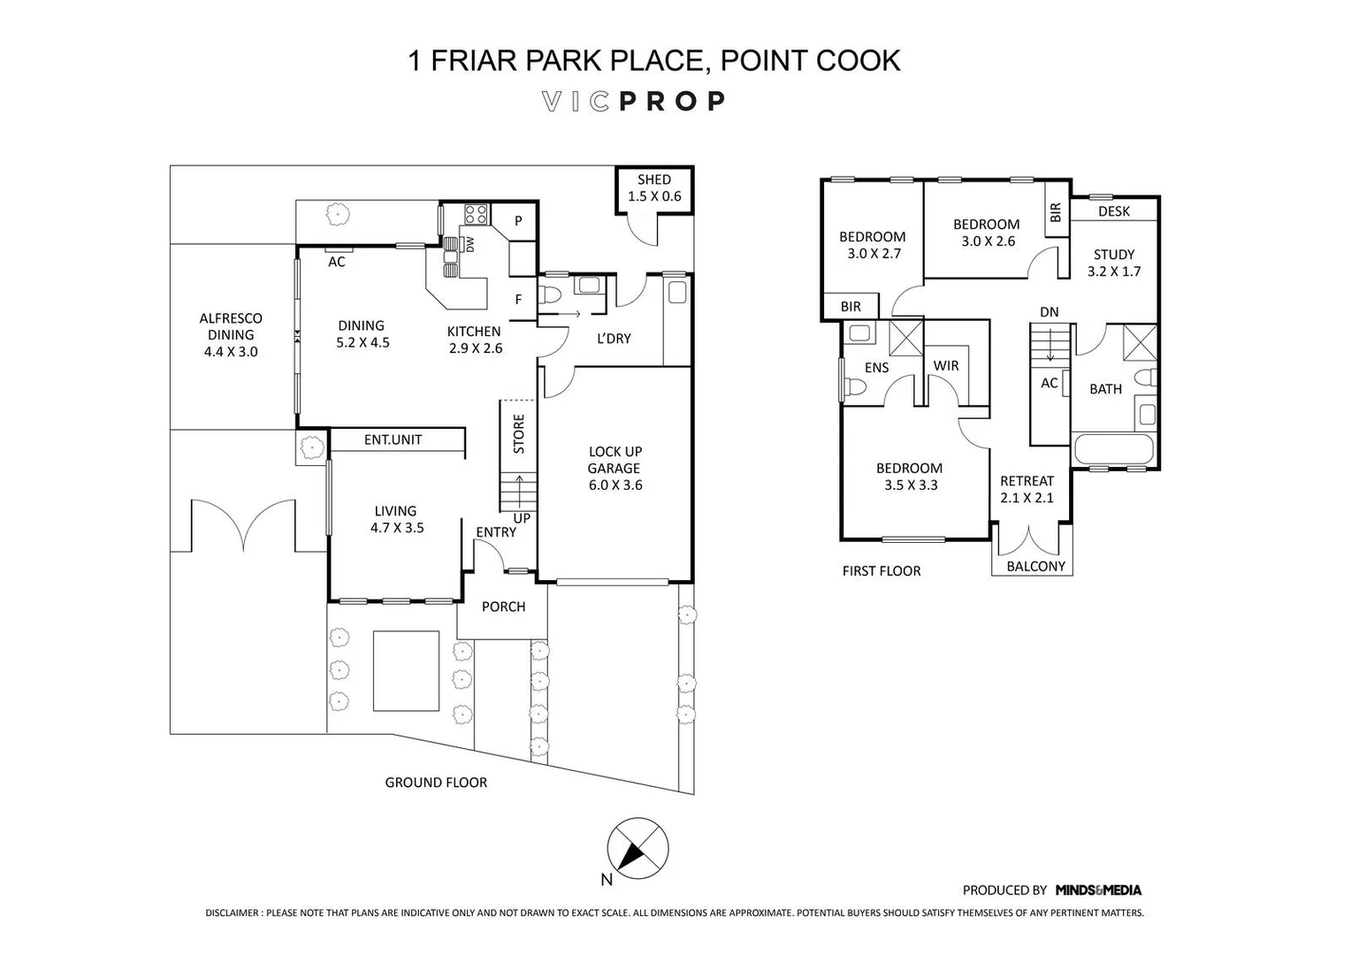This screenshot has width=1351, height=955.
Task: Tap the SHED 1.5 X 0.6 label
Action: coord(654,188)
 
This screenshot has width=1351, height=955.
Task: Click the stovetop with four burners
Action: coord(476,214)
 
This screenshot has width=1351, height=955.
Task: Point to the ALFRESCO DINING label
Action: coord(231,334)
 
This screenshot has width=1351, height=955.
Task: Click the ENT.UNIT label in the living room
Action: coord(393,439)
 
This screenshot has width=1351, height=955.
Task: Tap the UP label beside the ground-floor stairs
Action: coord(522,518)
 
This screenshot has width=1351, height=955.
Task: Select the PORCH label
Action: coord(503,607)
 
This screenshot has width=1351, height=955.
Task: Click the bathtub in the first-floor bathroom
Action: coord(1113,449)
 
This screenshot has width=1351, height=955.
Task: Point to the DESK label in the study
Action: coord(1113,211)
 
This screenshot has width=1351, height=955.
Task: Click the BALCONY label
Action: coord(1035,566)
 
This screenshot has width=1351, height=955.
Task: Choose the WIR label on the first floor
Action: coord(945,365)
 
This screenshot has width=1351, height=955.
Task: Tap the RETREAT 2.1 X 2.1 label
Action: coord(1027,489)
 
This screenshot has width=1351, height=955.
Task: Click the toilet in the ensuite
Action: coord(855,387)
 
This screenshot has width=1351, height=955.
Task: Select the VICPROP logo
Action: coord(633,102)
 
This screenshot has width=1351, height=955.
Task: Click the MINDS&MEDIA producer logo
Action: coord(1097,890)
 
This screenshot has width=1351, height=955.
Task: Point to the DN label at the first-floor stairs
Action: coord(1049,312)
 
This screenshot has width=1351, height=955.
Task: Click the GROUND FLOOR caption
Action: coord(436,782)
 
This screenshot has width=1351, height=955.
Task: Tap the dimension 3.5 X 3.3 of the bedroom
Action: coord(910,485)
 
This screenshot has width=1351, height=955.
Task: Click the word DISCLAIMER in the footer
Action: coord(233,913)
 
